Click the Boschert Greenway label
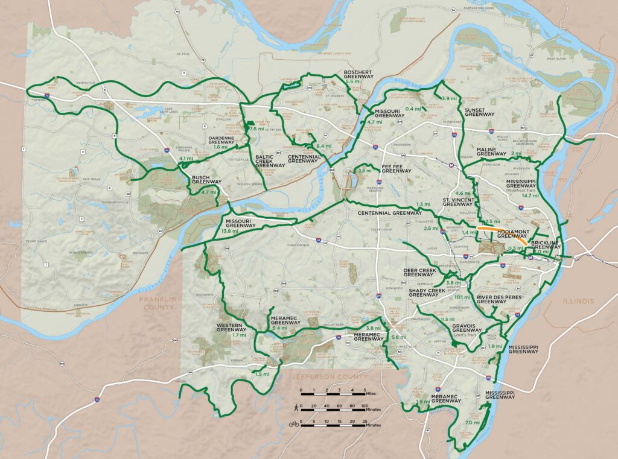pos(358,74)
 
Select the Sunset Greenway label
pos(480,111)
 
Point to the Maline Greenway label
pos(491,151)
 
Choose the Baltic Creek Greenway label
pos(269,160)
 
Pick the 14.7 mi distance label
pos(530,195)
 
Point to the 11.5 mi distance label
pos(447,319)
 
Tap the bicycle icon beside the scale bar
pos(294,424)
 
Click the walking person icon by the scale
pos(294,408)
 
